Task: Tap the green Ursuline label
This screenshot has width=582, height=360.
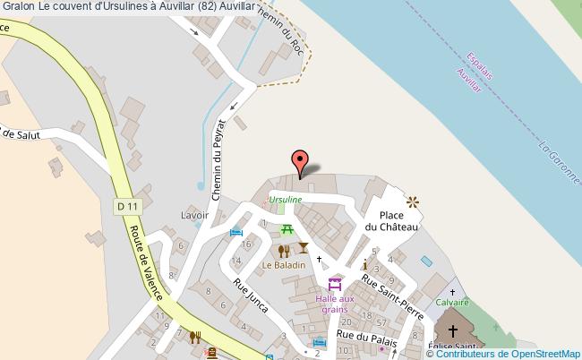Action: pyautogui.click(x=285, y=199)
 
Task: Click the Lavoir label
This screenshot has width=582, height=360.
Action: pyautogui.click(x=194, y=215)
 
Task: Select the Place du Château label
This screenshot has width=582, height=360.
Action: pyautogui.click(x=398, y=221)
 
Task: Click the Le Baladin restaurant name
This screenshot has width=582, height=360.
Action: pyautogui.click(x=283, y=265)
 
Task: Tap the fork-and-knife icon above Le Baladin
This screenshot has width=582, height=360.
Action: pyautogui.click(x=284, y=251)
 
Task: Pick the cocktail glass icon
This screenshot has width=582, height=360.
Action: pyautogui.click(x=304, y=248)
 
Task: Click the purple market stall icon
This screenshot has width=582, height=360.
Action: pyautogui.click(x=335, y=285)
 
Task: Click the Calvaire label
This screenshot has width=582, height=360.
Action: pyautogui.click(x=453, y=303)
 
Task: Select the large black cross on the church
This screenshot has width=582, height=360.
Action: pyautogui.click(x=465, y=330)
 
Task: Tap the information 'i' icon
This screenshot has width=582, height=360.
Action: pyautogui.click(x=364, y=265)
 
